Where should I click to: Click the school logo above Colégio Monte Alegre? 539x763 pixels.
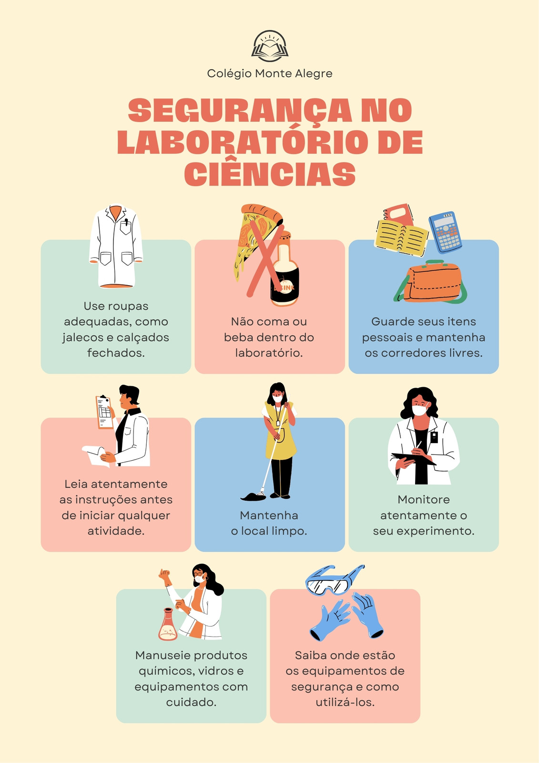pos(270,46)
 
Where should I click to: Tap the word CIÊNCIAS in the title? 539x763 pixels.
pos(270,174)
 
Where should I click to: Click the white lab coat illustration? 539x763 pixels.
pos(116,246)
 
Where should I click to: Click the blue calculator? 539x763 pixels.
pos(445,232)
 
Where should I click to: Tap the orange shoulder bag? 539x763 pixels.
pos(431,281)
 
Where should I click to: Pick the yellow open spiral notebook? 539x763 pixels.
pos(401,237)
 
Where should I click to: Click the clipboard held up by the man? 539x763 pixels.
pos(104,412)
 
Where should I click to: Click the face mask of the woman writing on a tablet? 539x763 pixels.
pos(419,410)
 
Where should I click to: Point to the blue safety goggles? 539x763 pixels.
pos(335,579)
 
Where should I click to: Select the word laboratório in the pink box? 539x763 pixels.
pos(269,353)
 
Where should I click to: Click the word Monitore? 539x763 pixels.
pos(424,500)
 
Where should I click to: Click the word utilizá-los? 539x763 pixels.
pos(345,702)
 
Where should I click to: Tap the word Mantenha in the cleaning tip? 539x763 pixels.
pos(269,516)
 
